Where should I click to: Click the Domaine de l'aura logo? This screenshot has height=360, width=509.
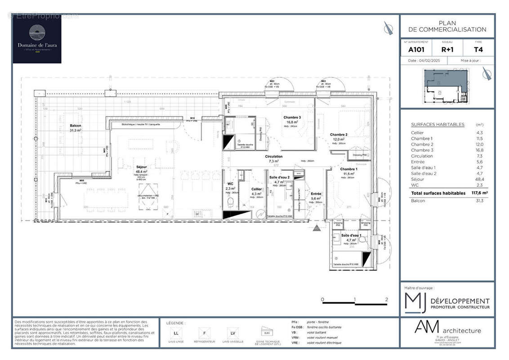(x=37, y=39)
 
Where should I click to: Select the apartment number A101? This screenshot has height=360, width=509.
(x=416, y=50)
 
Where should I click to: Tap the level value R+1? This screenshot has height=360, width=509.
(x=447, y=50)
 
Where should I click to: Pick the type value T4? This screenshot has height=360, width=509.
(x=478, y=50)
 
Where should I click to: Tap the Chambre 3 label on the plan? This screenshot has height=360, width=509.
(x=292, y=117)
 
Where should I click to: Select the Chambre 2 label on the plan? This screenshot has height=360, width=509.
(x=339, y=135)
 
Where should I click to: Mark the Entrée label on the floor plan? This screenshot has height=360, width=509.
(x=316, y=193)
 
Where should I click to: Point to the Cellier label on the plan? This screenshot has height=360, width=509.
(x=257, y=189)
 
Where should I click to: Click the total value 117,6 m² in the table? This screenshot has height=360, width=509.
(x=479, y=193)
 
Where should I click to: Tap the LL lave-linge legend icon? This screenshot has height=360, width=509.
(x=175, y=333)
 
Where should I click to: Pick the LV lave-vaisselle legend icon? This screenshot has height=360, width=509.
(x=232, y=333)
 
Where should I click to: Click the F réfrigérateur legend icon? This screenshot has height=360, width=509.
(x=204, y=333)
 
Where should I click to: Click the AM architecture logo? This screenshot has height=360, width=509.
(x=447, y=329)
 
